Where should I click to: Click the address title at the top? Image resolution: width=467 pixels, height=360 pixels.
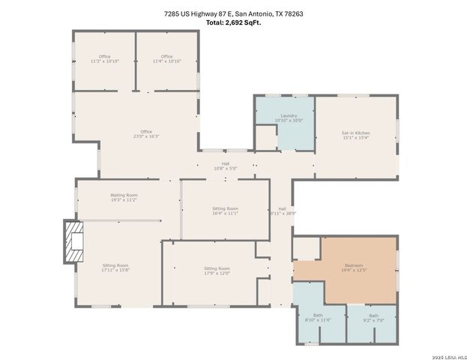pyautogui.click(x=233, y=13)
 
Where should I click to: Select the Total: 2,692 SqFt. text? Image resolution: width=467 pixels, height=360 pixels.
pyautogui.click(x=233, y=22)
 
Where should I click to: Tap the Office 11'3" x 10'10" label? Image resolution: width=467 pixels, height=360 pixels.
pyautogui.click(x=104, y=59)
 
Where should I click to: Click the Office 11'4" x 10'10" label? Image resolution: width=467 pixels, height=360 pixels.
pyautogui.click(x=166, y=59)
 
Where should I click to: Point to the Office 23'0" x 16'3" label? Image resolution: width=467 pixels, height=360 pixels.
pyautogui.click(x=146, y=134)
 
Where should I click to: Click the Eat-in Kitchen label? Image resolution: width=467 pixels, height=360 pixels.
pyautogui.click(x=356, y=135)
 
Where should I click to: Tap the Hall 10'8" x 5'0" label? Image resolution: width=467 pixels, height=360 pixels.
pyautogui.click(x=225, y=166)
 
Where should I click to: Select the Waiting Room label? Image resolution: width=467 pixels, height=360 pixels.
pyautogui.click(x=124, y=197)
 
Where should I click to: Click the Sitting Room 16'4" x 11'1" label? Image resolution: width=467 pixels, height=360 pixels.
pyautogui.click(x=225, y=211)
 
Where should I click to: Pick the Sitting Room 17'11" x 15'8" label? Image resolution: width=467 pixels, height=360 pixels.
pyautogui.click(x=115, y=268)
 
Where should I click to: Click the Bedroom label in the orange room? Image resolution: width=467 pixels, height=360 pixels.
pyautogui.click(x=354, y=267)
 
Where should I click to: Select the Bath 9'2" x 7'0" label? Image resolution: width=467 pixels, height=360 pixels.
pyautogui.click(x=373, y=318)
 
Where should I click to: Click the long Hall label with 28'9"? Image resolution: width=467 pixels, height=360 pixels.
pyautogui.click(x=282, y=211)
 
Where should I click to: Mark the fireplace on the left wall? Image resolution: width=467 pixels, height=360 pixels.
pyautogui.click(x=73, y=242)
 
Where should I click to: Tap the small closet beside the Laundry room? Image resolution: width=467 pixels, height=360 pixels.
pyautogui.click(x=265, y=138)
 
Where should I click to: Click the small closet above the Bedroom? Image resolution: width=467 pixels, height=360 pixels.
pyautogui.click(x=306, y=248)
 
